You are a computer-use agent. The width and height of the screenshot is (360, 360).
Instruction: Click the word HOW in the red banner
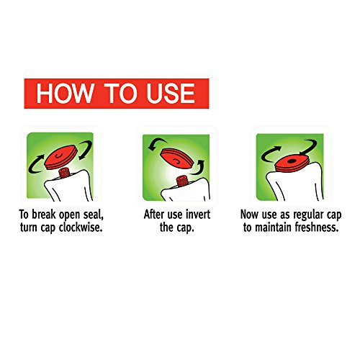(x=65, y=94)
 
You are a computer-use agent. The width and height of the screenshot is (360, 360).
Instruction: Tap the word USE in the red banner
(x=171, y=94)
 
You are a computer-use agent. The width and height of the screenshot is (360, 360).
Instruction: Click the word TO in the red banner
(x=120, y=94)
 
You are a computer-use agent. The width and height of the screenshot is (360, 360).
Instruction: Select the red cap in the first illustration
(x=61, y=157)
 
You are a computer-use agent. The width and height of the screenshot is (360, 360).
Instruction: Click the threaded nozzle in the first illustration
(x=64, y=173)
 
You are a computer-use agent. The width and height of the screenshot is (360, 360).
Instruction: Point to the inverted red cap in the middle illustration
(x=176, y=158)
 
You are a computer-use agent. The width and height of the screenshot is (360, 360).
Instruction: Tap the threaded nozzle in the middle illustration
(x=182, y=181)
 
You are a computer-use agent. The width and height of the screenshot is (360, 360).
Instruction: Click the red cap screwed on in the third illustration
(x=292, y=163)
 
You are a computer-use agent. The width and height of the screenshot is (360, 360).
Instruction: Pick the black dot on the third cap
(x=291, y=161)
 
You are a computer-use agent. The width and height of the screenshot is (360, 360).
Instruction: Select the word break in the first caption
(x=44, y=215)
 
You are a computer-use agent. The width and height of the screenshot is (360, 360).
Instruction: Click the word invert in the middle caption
(x=198, y=215)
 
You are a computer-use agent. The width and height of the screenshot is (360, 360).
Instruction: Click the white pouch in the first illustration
(x=70, y=186)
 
